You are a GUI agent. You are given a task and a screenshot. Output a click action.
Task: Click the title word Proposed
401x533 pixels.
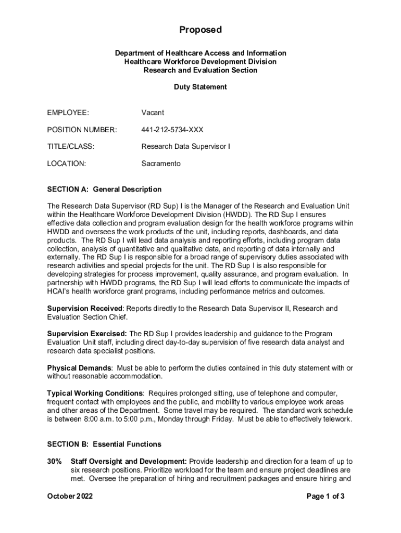coord(200,30)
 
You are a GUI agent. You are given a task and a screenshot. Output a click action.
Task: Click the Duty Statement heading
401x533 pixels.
coord(200,87)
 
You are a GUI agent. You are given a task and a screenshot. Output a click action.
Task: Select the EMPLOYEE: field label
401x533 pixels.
coord(68,112)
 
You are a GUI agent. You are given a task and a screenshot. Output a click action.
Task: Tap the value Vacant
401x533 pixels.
coord(153,112)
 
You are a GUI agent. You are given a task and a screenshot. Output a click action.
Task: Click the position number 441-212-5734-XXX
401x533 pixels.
coord(172,130)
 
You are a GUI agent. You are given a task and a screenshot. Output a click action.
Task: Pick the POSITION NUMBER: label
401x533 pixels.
coord(82,130)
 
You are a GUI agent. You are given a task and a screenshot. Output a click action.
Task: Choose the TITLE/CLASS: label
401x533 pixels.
coord(71,147)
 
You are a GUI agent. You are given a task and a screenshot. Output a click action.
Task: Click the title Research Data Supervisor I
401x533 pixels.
coord(185,147)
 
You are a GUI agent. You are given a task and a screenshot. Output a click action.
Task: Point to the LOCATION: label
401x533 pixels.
coord(66,163)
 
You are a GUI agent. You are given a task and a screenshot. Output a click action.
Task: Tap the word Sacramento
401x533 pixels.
coord(161,163)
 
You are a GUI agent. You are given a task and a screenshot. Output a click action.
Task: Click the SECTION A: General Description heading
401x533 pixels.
coord(104,189)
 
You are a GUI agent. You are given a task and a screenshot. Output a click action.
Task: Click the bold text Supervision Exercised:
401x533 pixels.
coord(87,334)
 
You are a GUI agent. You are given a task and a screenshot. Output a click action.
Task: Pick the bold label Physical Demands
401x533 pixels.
coord(79,368)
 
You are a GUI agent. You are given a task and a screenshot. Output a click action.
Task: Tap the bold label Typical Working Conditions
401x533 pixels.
coord(95,393)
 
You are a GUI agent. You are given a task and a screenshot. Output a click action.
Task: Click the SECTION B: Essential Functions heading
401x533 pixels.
coord(104,444)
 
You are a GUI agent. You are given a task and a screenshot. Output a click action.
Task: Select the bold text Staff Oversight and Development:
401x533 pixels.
coord(129,461)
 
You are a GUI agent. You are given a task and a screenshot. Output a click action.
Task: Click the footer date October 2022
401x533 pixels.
coord(70,497)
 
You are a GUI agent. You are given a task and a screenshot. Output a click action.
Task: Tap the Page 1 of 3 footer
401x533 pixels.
coord(325,497)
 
